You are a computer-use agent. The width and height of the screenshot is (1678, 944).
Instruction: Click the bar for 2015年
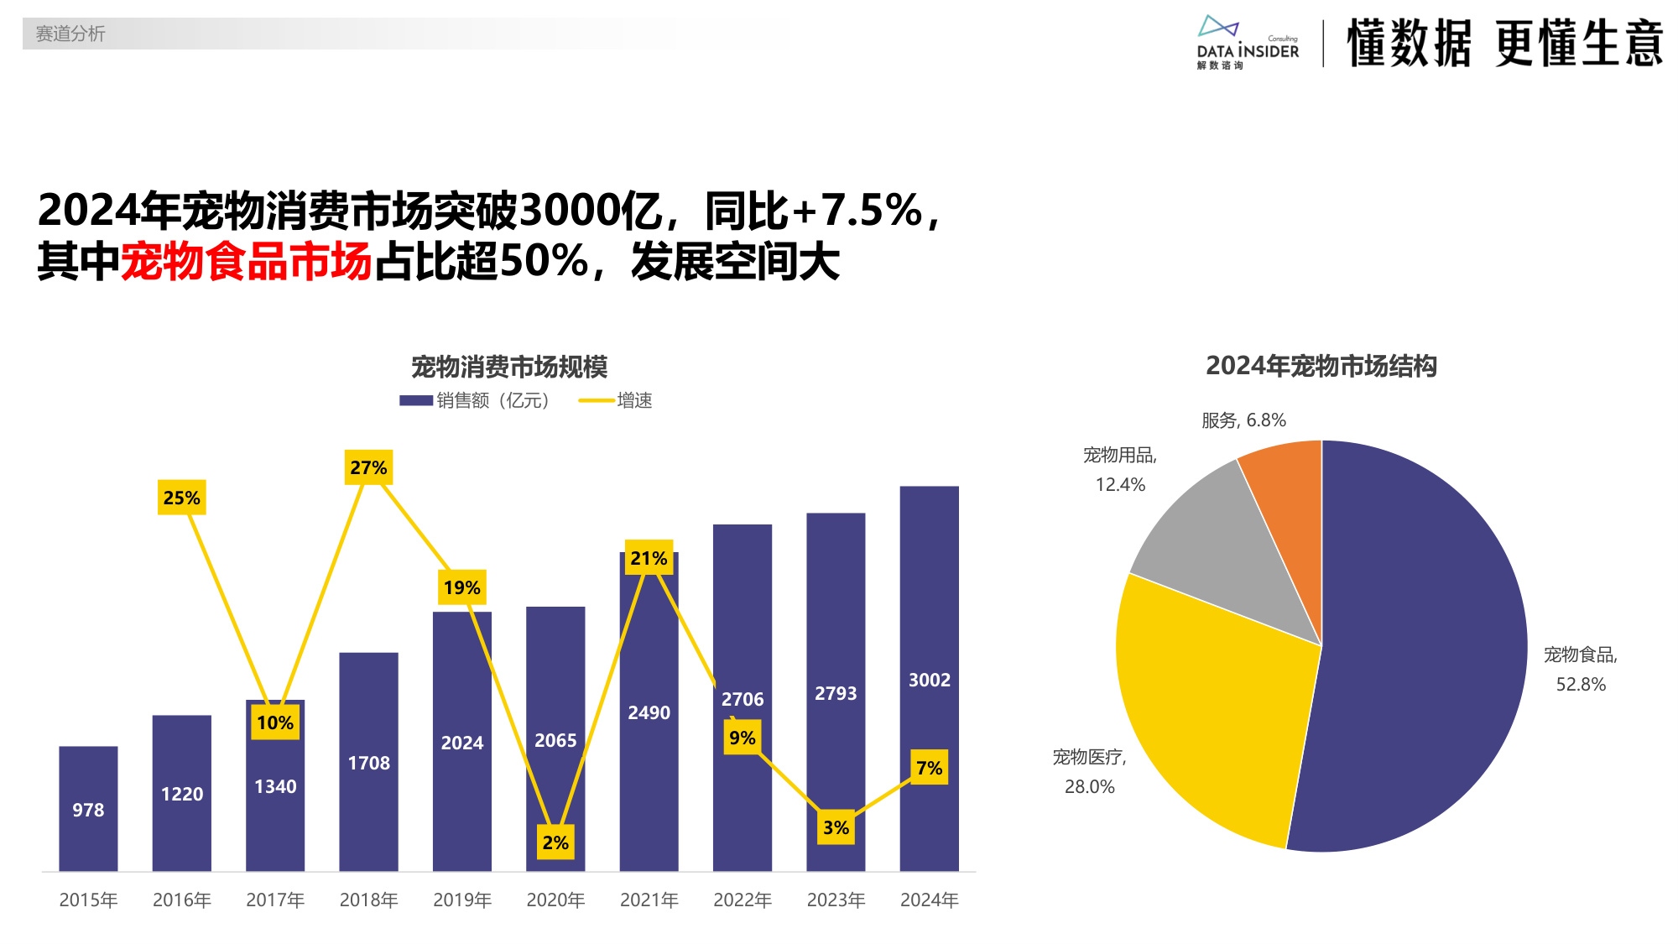click(88, 807)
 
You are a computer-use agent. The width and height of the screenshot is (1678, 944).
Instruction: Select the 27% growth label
click(368, 467)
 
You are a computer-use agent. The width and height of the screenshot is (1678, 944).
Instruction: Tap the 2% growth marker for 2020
click(555, 842)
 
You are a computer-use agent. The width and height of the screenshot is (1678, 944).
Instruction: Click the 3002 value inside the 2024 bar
click(929, 680)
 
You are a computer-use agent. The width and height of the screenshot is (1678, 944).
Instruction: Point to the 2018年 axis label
click(368, 900)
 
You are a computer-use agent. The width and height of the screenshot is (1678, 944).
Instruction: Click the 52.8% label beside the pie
click(1581, 684)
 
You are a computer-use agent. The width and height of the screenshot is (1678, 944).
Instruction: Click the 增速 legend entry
click(617, 400)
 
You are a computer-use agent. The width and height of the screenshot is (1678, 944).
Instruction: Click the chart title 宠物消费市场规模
click(509, 367)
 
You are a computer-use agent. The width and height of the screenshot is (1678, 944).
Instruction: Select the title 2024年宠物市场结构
click(1321, 366)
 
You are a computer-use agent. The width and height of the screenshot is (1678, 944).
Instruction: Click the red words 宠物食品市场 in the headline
click(247, 261)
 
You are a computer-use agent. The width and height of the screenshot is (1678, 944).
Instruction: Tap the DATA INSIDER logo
click(1248, 42)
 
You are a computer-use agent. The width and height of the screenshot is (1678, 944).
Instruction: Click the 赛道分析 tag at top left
click(70, 34)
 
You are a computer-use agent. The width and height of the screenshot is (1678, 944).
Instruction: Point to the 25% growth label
click(181, 498)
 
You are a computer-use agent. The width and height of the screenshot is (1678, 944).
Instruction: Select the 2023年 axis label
click(836, 900)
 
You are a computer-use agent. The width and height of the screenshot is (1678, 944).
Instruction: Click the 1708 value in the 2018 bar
click(368, 763)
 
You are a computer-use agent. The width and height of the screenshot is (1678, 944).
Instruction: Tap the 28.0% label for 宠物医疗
click(1089, 786)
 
